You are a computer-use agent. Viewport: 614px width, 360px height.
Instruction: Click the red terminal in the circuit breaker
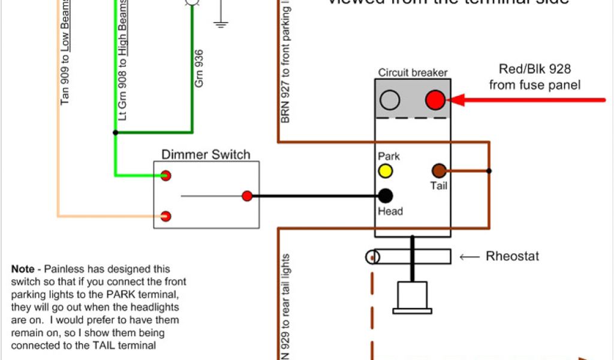(435, 100)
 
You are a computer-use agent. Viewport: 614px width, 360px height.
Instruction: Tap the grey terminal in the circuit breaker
(390, 100)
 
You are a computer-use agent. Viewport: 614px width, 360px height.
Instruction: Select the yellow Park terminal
(385, 171)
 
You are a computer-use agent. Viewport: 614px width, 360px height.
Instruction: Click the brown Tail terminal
(439, 170)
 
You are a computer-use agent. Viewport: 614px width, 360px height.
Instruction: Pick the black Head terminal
(385, 196)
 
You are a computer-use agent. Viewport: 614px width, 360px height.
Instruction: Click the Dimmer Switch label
(206, 155)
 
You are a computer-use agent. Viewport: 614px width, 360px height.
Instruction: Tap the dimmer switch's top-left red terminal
(165, 175)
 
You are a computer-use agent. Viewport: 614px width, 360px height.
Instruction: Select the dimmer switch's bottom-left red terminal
(165, 215)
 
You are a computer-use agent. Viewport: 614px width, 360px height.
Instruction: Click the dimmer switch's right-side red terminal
(246, 196)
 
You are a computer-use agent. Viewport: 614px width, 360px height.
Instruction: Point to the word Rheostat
(512, 257)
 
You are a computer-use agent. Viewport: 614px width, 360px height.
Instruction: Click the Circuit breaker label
(413, 73)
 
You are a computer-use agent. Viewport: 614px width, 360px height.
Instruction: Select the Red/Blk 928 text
(534, 69)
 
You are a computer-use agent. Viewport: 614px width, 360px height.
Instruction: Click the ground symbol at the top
(221, 24)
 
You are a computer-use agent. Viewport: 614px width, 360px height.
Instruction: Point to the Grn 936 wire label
(199, 68)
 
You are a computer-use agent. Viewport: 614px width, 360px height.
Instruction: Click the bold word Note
(22, 269)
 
